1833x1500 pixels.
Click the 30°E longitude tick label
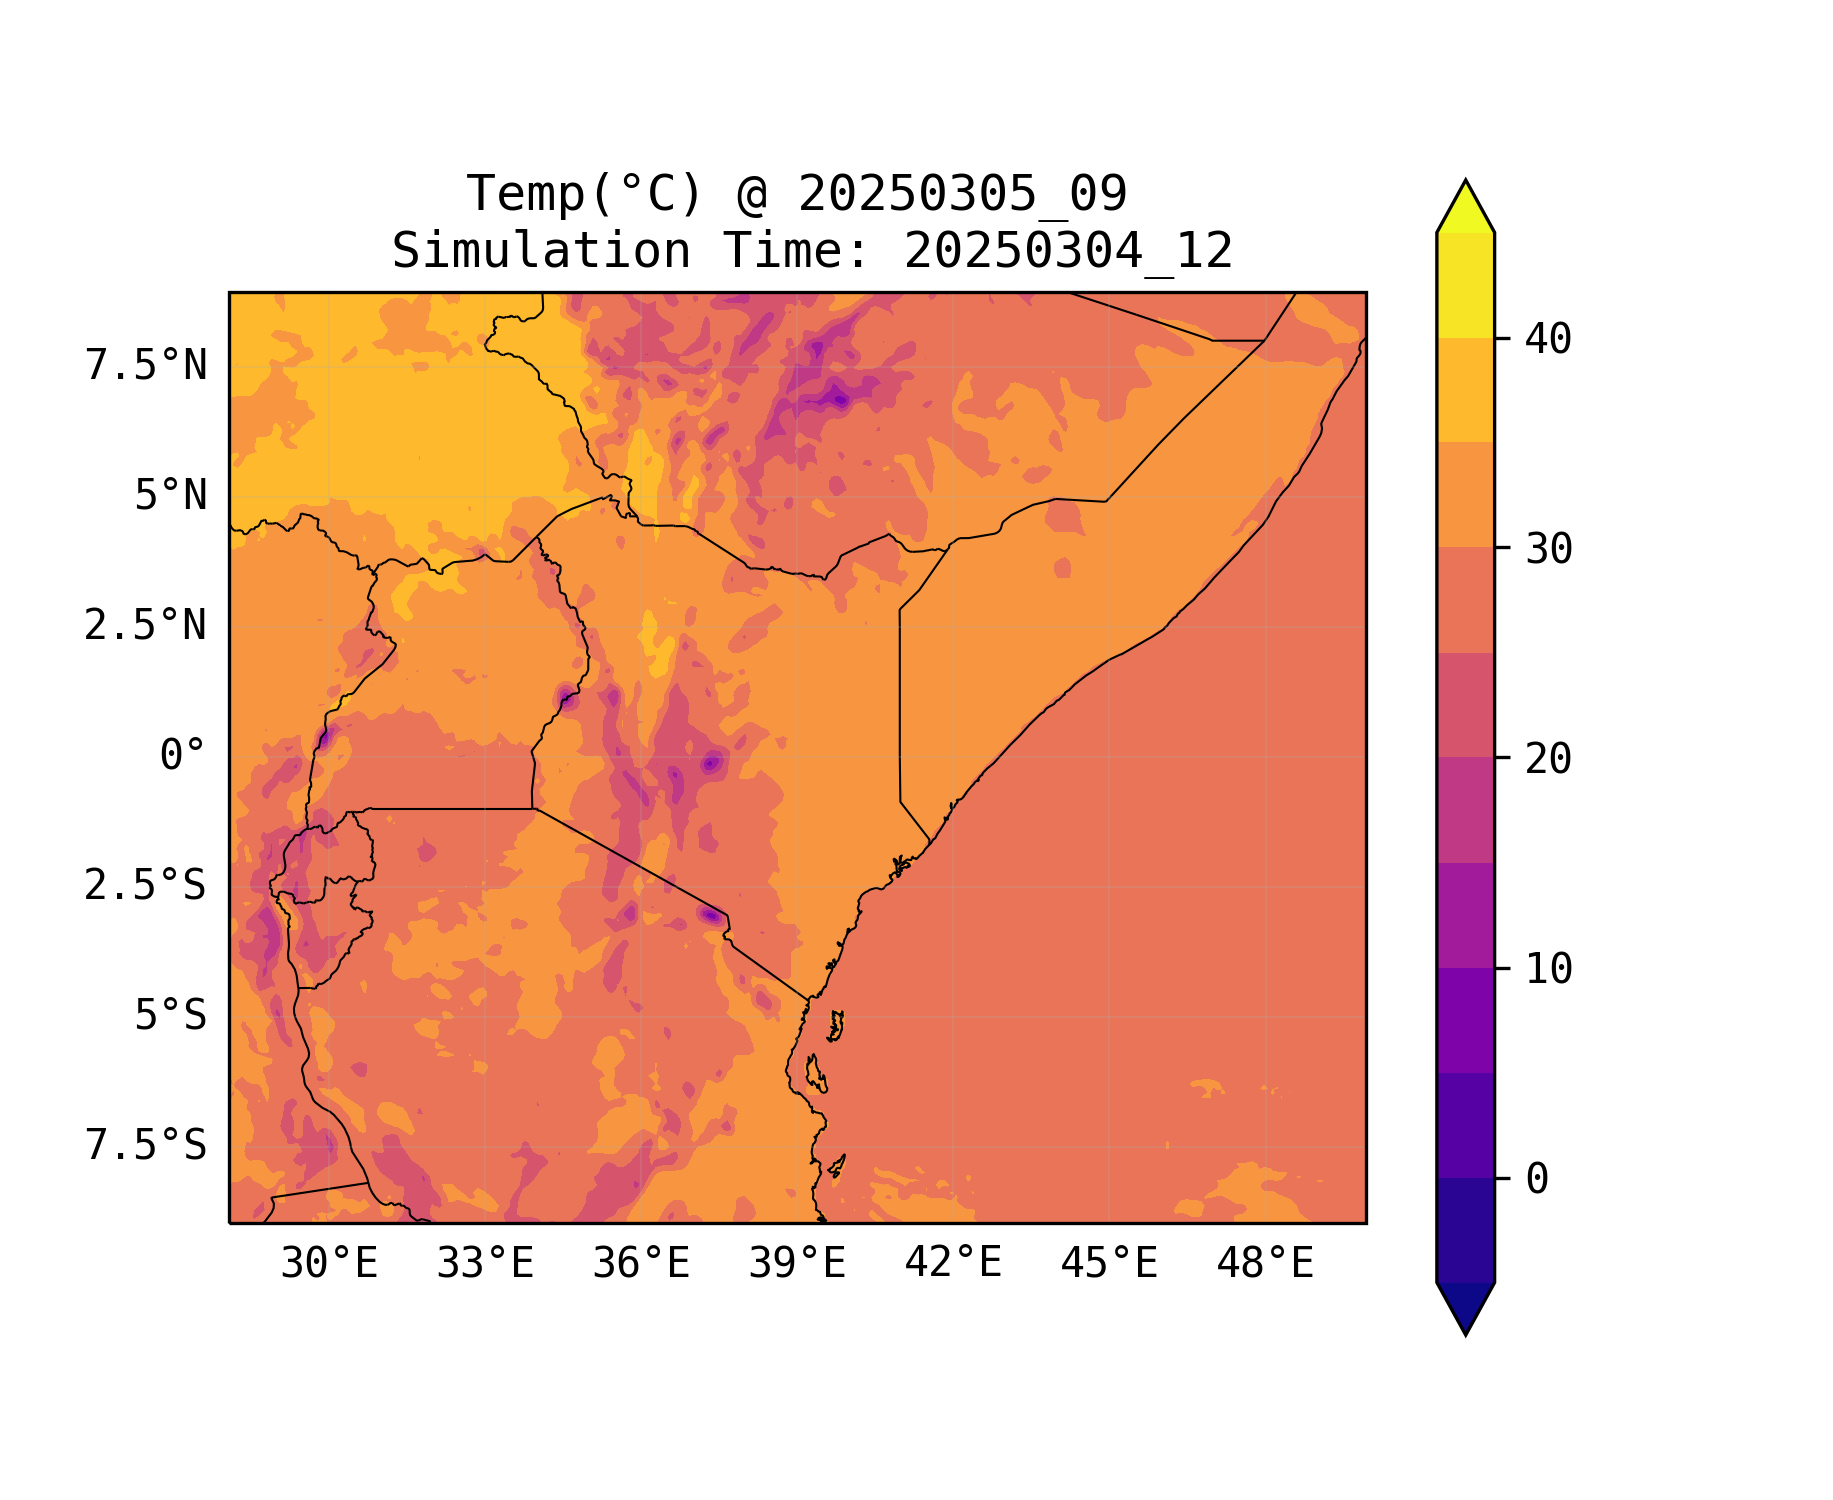pyautogui.click(x=329, y=1264)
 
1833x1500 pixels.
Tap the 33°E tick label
pyautogui.click(x=485, y=1264)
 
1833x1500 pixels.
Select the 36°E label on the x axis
pyautogui.click(x=641, y=1264)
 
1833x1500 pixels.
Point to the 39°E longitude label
pyautogui.click(x=797, y=1264)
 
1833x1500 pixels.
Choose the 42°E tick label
pyautogui.click(x=953, y=1264)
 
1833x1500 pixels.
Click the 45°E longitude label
pyautogui.click(x=1109, y=1264)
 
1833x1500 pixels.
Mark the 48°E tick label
pyautogui.click(x=1265, y=1264)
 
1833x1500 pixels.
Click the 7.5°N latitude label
pyautogui.click(x=146, y=366)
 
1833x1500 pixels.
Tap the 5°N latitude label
pyautogui.click(x=170, y=496)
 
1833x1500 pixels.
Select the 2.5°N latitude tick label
pyautogui.click(x=146, y=626)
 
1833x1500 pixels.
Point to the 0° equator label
pyautogui.click(x=182, y=756)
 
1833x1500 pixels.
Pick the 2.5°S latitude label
pyautogui.click(x=146, y=886)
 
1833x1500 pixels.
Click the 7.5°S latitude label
pyautogui.click(x=146, y=1146)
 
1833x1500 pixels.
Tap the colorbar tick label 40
pyautogui.click(x=1548, y=340)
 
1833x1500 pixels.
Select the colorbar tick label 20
pyautogui.click(x=1548, y=759)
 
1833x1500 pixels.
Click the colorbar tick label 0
pyautogui.click(x=1537, y=1180)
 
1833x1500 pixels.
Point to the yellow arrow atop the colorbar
pyautogui.click(x=1465, y=208)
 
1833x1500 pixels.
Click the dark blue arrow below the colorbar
pyautogui.click(x=1465, y=1306)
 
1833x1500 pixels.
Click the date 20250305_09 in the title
pyautogui.click(x=962, y=194)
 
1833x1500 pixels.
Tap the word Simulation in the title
pyautogui.click(x=541, y=251)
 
